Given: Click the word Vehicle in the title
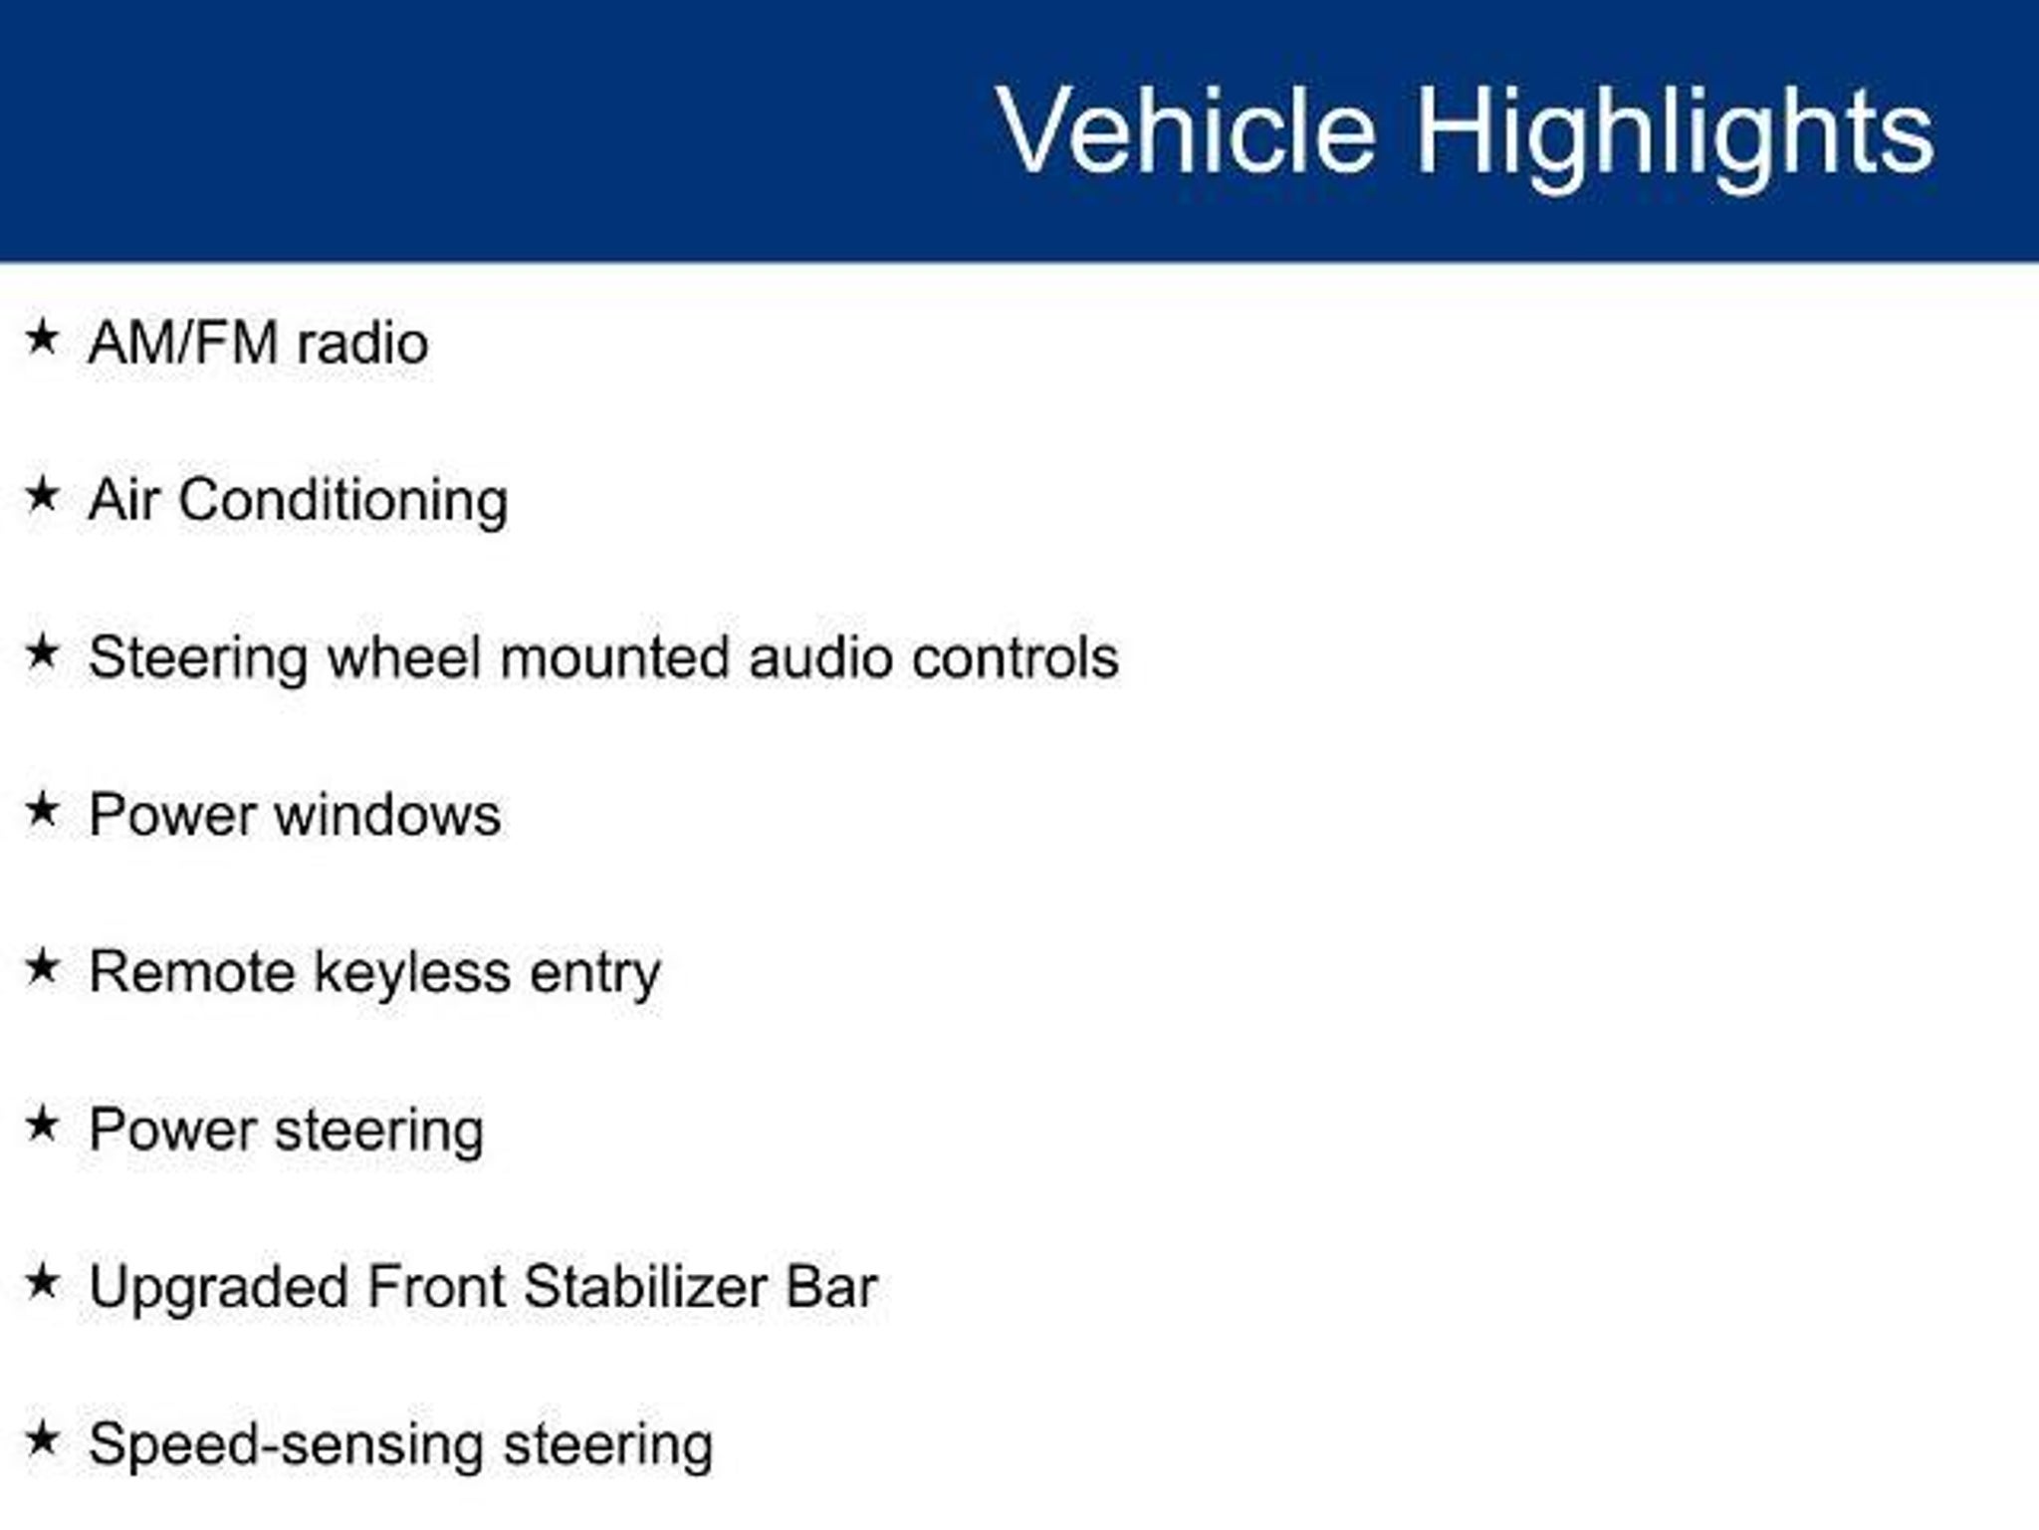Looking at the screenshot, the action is pos(1186,130).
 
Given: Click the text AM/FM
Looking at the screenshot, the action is pos(183,343).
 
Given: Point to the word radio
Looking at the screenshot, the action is pos(363,344).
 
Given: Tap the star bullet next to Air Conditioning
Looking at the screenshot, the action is pos(43,494).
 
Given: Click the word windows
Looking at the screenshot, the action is pos(388,816).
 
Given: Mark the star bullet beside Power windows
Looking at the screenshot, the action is pos(43,809).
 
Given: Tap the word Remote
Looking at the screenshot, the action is pos(192,972).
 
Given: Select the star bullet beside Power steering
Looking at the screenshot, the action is pos(43,1124).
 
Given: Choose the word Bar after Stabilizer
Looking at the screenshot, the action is pos(832,1287).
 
